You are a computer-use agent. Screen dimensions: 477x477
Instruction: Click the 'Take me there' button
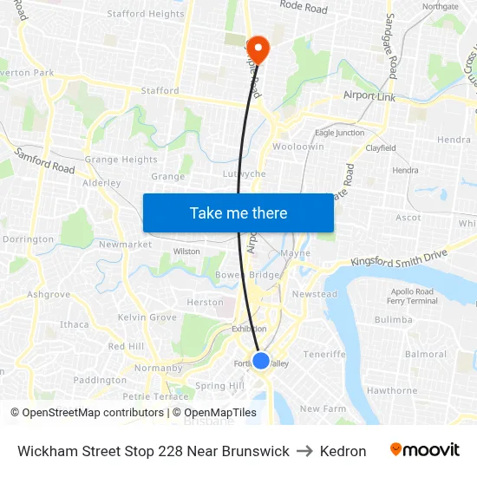click(238, 212)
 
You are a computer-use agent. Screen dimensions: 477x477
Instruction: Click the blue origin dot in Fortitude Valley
click(260, 361)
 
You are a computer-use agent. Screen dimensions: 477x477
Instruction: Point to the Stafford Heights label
click(146, 14)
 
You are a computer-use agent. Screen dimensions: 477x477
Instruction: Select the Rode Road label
click(304, 9)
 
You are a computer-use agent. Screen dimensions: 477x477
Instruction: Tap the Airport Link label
click(369, 96)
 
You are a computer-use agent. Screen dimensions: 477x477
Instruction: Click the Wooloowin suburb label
click(298, 147)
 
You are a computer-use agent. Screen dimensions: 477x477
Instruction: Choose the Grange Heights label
click(121, 160)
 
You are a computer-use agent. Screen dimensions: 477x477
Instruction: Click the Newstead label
click(314, 294)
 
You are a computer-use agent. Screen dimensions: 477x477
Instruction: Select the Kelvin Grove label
click(147, 317)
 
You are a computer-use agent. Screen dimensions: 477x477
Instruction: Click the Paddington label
click(100, 380)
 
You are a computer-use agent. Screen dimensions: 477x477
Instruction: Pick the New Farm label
click(323, 408)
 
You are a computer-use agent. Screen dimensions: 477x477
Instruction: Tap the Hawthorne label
click(391, 390)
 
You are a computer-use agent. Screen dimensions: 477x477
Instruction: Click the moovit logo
click(425, 450)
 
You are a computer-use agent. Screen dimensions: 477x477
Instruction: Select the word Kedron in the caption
click(343, 451)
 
